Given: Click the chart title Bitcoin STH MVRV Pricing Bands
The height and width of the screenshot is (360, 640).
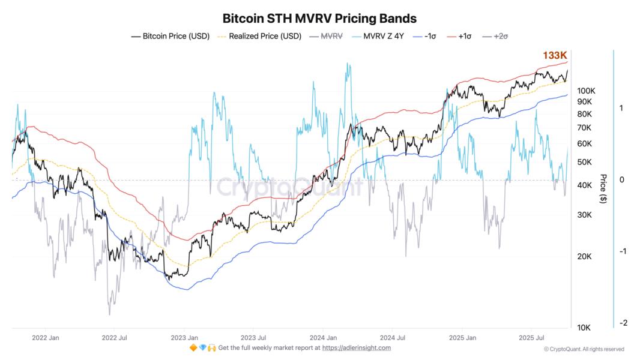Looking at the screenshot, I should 319,19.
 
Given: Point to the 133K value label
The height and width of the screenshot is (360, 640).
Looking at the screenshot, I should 555,56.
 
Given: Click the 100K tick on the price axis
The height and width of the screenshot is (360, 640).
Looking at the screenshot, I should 586,91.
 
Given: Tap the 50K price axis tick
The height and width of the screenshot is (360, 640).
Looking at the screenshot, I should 584,162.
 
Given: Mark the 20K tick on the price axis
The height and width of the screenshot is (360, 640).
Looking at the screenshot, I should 584,256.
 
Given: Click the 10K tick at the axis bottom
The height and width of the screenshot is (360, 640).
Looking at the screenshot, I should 584,328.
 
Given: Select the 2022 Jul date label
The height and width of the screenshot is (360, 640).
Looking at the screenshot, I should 115,338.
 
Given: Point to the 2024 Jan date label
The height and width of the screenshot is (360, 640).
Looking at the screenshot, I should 324,338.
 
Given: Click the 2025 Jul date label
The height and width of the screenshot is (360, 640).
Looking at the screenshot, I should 532,338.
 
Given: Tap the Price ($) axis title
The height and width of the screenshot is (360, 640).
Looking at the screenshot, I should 603,189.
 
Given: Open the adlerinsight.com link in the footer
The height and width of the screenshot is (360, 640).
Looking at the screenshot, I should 356,348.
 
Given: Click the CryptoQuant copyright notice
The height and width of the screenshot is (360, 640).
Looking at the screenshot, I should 584,349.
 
